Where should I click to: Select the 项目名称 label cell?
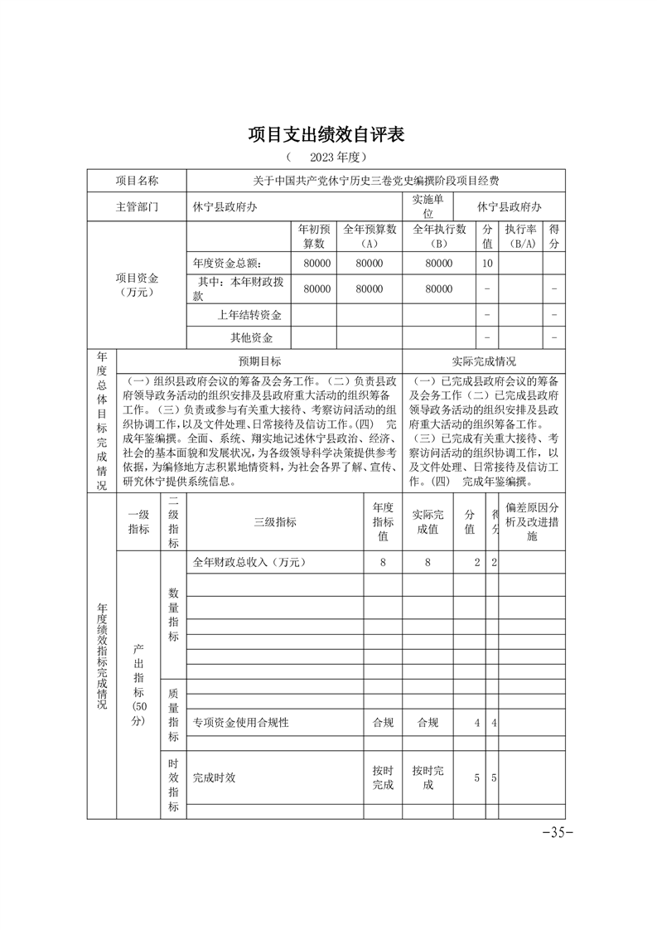[137, 181]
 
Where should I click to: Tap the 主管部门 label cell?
[137, 206]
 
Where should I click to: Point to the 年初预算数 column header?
[312, 236]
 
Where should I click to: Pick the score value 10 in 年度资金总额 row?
[487, 263]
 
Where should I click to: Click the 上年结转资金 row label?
[249, 315]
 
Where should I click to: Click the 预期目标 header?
[259, 361]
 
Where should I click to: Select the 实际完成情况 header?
[484, 361]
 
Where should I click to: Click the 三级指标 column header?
[275, 522]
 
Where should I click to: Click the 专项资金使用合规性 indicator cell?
[241, 723]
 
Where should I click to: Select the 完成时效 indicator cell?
[215, 778]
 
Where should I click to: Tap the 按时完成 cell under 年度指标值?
[383, 778]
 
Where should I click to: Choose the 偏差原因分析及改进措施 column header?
[533, 522]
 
